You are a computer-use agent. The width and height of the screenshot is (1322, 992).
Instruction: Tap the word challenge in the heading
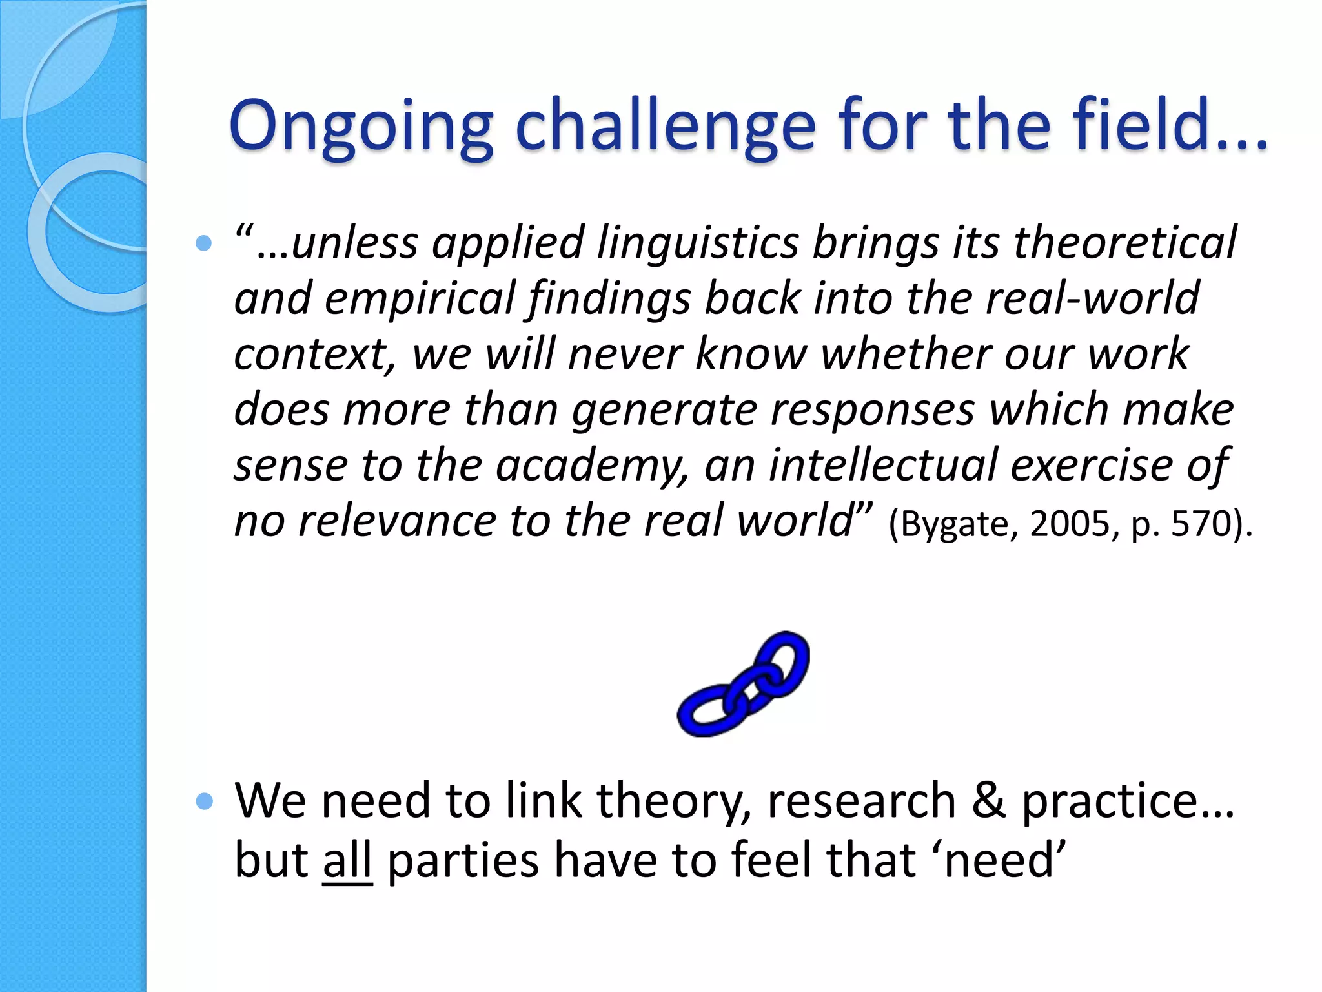pos(666,126)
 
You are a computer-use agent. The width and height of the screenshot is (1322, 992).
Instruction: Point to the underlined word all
pos(347,861)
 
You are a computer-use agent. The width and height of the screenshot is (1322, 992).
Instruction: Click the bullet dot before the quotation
pos(204,243)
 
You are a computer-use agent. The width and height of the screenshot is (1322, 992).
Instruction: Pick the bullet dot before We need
pos(204,801)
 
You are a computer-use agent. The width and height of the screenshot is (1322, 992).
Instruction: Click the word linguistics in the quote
pos(697,243)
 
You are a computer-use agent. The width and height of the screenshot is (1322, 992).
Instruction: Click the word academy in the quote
pos(591,466)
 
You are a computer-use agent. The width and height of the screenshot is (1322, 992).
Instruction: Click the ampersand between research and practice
pos(988,801)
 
